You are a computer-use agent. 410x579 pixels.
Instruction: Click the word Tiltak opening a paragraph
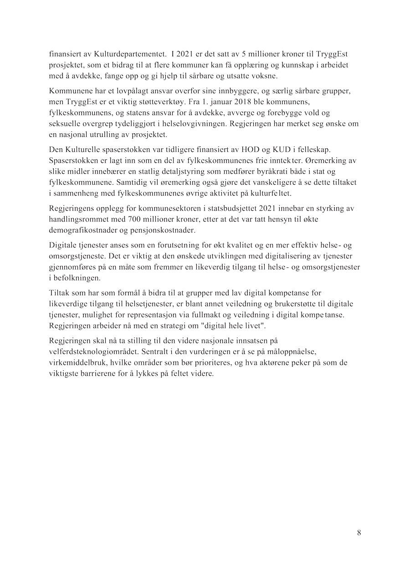tap(58, 293)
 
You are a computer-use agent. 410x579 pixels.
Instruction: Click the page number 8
tap(359, 533)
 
